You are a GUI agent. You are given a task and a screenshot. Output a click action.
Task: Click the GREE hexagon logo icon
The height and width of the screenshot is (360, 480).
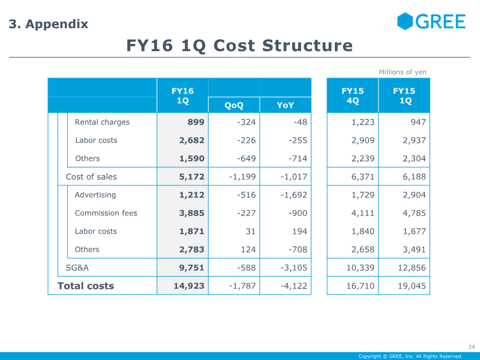click(x=404, y=21)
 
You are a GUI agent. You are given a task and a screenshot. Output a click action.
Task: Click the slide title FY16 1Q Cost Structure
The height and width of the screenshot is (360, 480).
click(x=239, y=46)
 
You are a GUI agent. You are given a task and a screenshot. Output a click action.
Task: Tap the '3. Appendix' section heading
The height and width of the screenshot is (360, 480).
click(x=49, y=24)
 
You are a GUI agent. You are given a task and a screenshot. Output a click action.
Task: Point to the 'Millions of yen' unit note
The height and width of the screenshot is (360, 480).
click(x=403, y=72)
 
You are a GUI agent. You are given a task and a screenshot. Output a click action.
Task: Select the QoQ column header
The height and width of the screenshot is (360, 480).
click(x=234, y=105)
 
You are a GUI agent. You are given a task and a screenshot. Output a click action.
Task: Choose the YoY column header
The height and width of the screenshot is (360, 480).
click(x=286, y=105)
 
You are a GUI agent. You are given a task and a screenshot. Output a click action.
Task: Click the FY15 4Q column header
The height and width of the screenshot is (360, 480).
click(x=353, y=95)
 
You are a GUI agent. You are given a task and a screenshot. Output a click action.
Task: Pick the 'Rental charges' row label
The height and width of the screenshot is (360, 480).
click(x=102, y=122)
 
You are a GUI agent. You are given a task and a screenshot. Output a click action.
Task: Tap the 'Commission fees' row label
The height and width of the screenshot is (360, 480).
click(x=106, y=213)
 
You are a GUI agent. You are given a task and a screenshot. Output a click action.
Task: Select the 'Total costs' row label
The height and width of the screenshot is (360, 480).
click(x=86, y=286)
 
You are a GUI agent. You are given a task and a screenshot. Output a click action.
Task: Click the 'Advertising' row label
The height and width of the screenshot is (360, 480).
click(x=95, y=194)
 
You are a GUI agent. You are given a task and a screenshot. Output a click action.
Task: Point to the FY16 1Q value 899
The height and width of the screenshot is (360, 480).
click(x=196, y=122)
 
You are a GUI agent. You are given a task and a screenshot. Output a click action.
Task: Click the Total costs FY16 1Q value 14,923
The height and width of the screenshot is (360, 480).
click(x=189, y=286)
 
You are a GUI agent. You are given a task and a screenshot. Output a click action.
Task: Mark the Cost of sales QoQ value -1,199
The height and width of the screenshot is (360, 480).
click(x=242, y=176)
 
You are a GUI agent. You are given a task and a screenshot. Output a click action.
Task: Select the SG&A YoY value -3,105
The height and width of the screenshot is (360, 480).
click(x=294, y=268)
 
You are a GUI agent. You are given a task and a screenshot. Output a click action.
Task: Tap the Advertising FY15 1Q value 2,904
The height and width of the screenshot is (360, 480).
click(x=414, y=195)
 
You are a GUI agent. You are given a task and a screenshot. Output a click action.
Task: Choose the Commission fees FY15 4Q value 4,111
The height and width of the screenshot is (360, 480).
click(x=363, y=213)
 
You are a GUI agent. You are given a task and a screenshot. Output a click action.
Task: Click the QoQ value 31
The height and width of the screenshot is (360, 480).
click(x=251, y=231)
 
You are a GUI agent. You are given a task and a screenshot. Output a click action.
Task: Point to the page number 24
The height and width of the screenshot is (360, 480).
click(x=472, y=347)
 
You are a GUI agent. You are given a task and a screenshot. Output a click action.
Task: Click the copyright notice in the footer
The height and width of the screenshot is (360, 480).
click(x=410, y=356)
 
